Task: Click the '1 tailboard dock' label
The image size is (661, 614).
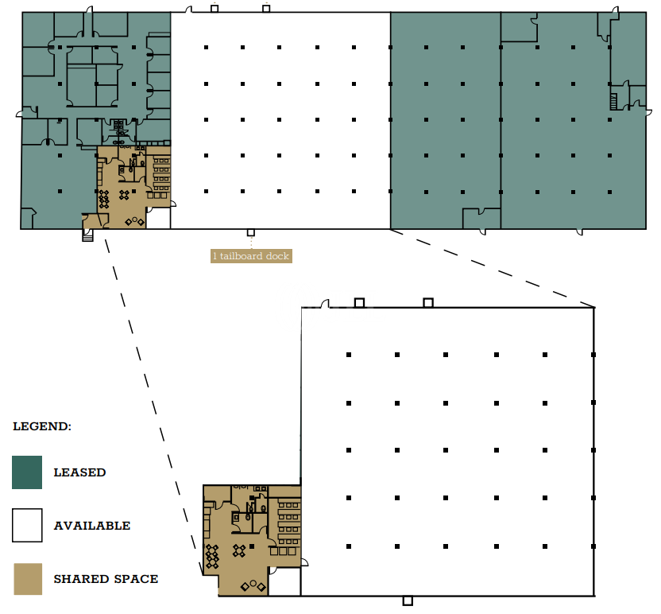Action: (251, 256)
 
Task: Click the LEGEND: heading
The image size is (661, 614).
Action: (42, 426)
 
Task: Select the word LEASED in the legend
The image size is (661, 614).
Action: (79, 472)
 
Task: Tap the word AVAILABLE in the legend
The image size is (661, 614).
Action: (92, 526)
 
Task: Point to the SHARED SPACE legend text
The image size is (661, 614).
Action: (106, 578)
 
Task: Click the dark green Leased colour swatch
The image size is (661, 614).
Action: (27, 472)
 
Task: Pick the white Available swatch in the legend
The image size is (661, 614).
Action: (27, 525)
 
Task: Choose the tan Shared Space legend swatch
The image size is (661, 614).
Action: (28, 579)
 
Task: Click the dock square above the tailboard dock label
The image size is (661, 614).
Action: (251, 232)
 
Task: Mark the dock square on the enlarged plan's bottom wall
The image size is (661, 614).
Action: (408, 600)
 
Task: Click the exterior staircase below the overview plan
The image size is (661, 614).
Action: (87, 235)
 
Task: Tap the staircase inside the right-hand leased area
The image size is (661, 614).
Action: (614, 102)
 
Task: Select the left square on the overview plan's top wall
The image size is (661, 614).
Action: (215, 9)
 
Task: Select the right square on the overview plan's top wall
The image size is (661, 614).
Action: (266, 9)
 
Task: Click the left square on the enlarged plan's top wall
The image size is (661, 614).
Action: (359, 302)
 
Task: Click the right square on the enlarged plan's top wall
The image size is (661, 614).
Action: (428, 302)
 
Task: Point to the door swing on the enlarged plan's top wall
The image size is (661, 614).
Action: (325, 303)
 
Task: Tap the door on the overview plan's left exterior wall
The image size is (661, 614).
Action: (20, 113)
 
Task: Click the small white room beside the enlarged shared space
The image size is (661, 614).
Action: (284, 581)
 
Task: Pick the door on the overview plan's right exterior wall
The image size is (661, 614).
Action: (649, 112)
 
